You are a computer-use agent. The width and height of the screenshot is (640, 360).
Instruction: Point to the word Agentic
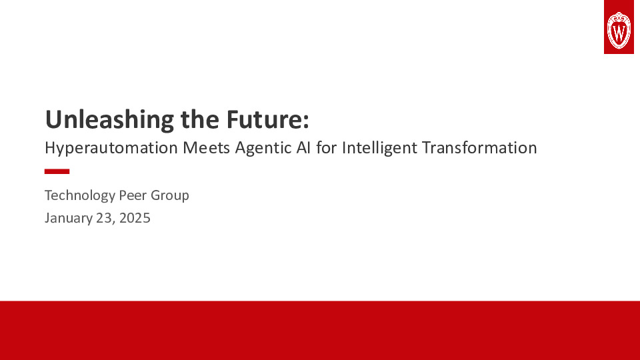[262, 148]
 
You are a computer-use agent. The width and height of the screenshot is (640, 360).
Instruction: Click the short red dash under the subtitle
[57, 171]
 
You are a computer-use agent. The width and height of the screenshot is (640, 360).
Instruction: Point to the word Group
[171, 196]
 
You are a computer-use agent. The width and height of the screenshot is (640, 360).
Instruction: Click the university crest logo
[618, 27]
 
